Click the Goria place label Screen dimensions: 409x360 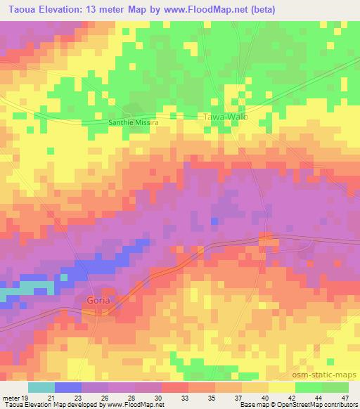point(98,301)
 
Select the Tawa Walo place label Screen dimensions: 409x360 point(225,117)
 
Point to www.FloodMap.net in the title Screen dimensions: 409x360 point(205,9)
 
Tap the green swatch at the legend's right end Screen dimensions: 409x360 point(335,387)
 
